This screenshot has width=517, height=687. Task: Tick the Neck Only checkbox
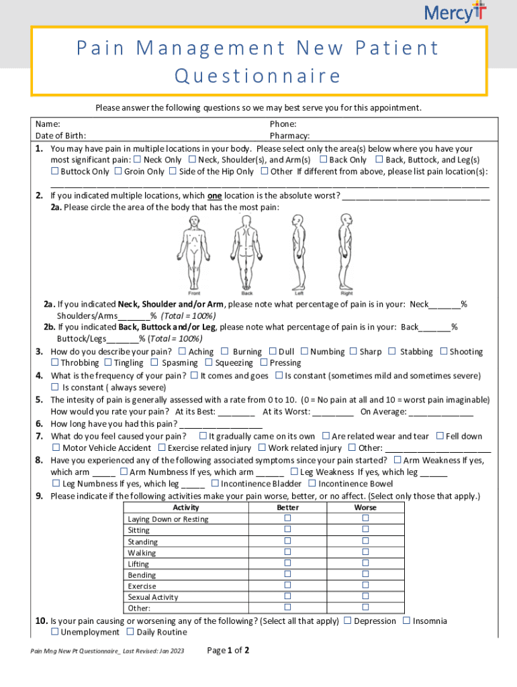click(x=137, y=160)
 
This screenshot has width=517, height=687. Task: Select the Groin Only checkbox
click(x=118, y=171)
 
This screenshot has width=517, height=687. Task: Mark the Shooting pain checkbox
click(x=443, y=351)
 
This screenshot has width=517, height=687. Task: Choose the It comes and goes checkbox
click(x=194, y=376)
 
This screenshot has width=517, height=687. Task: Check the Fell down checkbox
click(x=440, y=436)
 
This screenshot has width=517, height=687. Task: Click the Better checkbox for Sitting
click(x=288, y=529)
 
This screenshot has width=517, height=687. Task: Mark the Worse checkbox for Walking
click(x=366, y=552)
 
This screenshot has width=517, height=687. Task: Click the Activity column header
click(x=185, y=508)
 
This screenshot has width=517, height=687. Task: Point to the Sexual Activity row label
click(x=153, y=597)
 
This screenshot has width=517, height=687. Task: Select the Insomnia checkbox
click(x=406, y=621)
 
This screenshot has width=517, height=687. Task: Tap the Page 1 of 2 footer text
click(x=228, y=650)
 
